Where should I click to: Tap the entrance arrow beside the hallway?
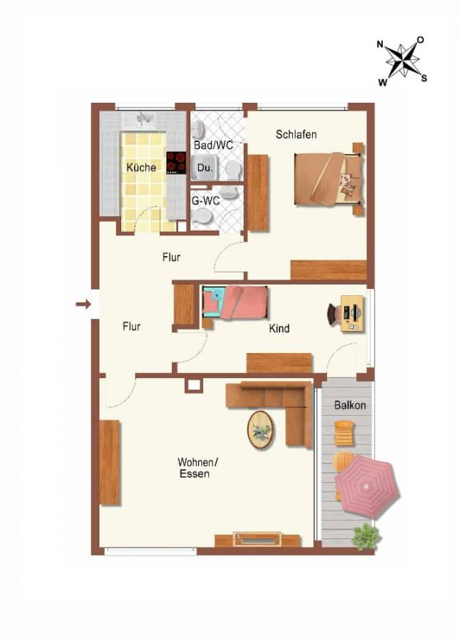tap(83, 304)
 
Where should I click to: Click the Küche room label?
tap(141, 167)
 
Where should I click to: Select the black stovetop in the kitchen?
tap(176, 163)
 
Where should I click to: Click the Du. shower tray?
tap(204, 168)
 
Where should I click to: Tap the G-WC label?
tap(205, 200)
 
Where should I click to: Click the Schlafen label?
tap(296, 134)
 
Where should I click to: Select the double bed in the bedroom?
tap(329, 178)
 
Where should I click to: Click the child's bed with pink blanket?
tap(234, 302)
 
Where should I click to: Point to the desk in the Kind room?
tap(352, 313)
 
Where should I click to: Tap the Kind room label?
tap(279, 328)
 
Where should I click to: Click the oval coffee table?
tap(260, 430)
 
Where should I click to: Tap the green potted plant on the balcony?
tap(366, 536)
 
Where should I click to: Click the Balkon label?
tap(350, 405)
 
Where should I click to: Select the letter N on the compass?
tap(380, 44)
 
